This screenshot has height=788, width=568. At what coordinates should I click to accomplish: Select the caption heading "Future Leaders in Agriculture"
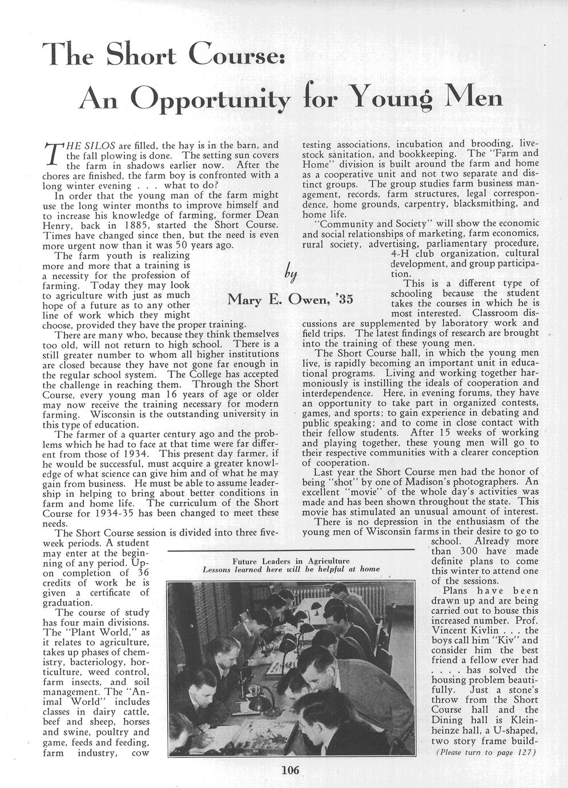(291, 561)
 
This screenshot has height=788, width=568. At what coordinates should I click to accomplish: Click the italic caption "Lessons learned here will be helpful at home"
(291, 569)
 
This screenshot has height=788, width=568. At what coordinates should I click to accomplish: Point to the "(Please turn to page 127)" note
(485, 751)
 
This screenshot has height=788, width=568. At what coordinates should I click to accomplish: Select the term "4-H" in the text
(401, 254)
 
